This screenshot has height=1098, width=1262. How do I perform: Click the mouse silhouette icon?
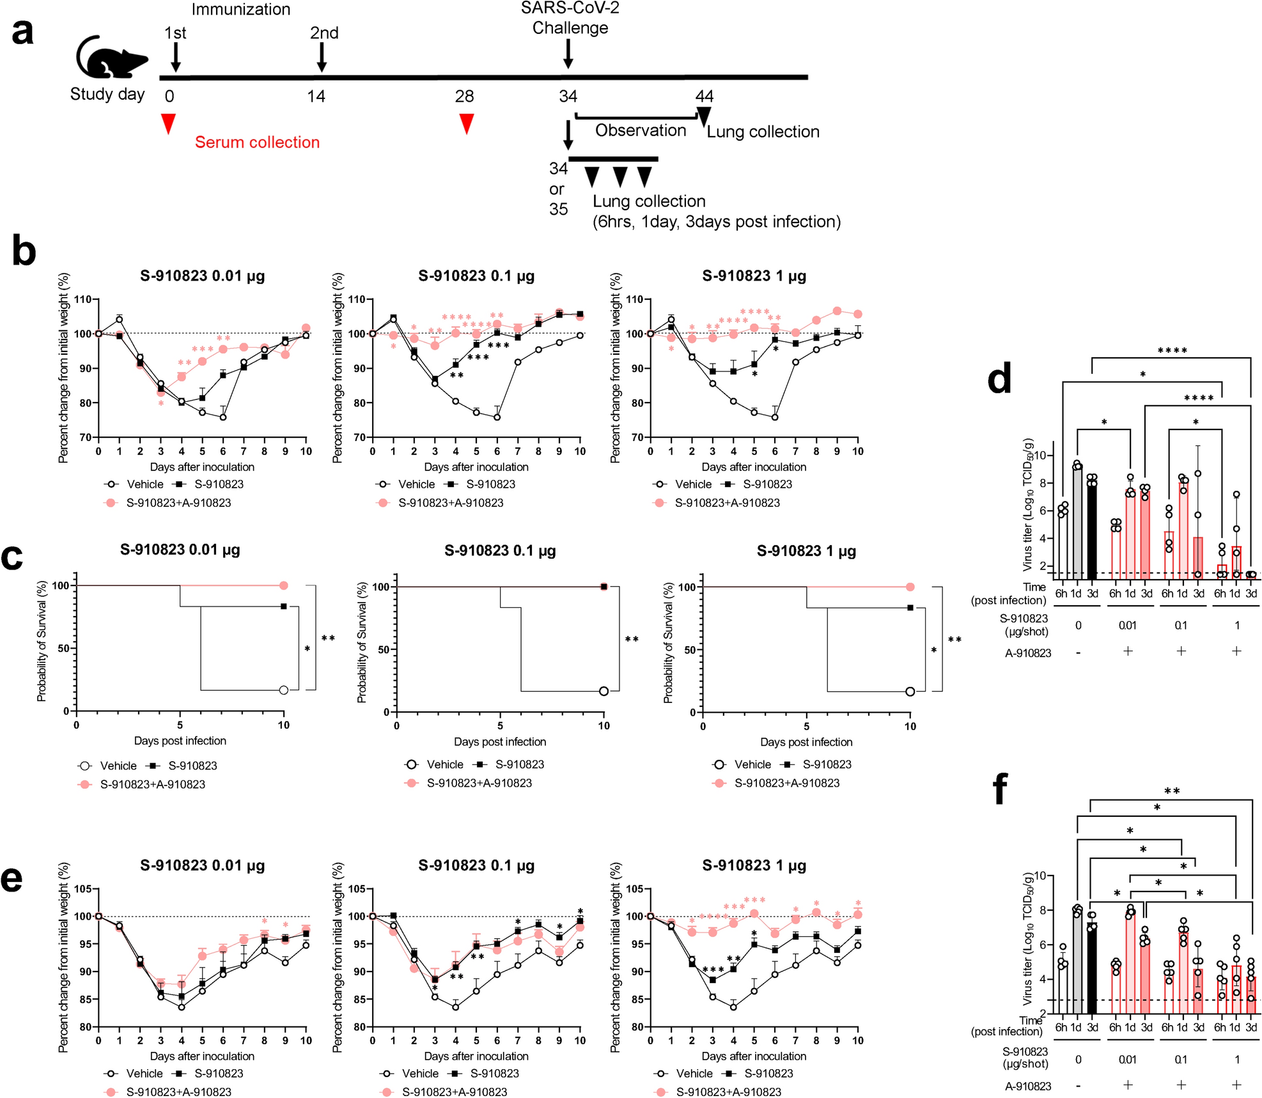pyautogui.click(x=110, y=59)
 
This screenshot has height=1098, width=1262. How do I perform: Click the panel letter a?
pyautogui.click(x=22, y=32)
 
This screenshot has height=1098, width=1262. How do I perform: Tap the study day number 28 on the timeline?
pyautogui.click(x=464, y=97)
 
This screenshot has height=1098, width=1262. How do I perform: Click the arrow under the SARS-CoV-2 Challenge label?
pyautogui.click(x=568, y=54)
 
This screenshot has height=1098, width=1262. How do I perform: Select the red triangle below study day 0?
pyautogui.click(x=168, y=123)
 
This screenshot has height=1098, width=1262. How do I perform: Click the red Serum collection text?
pyautogui.click(x=257, y=143)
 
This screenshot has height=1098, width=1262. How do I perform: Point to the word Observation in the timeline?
pyautogui.click(x=641, y=130)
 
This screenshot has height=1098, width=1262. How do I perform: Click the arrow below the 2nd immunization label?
pyautogui.click(x=322, y=58)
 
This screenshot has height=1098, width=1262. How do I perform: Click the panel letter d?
pyautogui.click(x=999, y=379)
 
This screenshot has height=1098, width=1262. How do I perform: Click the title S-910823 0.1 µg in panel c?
pyautogui.click(x=500, y=551)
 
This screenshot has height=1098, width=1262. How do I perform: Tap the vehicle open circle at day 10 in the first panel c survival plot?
pyautogui.click(x=284, y=690)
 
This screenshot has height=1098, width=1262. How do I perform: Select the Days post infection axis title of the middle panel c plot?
pyautogui.click(x=500, y=742)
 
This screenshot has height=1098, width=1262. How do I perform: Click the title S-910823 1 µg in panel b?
pyautogui.click(x=754, y=276)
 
